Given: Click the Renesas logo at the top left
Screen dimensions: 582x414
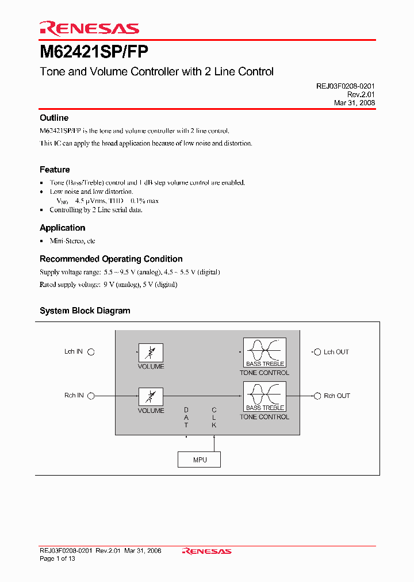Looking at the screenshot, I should point(89,28).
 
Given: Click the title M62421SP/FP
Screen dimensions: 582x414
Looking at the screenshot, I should point(94,52).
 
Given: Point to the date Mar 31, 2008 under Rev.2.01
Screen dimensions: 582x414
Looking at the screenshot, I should point(354,103).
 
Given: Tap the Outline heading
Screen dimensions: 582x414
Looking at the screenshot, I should point(54,118).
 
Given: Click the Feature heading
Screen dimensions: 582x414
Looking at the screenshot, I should point(55,170).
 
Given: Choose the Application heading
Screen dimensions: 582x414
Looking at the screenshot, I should point(62,228).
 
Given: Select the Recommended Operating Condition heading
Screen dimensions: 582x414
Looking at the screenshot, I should point(111,259).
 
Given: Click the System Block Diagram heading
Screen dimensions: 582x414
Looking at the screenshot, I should point(85,311).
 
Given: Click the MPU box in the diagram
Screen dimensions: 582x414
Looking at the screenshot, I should point(200,460).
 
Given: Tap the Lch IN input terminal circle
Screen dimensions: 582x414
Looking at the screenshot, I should point(91,352).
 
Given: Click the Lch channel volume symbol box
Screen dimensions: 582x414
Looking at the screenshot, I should point(151,353).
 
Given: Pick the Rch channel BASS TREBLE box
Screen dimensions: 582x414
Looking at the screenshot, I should point(264,396).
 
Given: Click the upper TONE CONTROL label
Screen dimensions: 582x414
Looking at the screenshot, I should point(264,373).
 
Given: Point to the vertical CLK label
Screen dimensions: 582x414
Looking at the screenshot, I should point(214,418).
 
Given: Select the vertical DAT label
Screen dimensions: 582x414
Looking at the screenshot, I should point(186,418).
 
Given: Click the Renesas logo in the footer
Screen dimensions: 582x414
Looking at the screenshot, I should point(206,551).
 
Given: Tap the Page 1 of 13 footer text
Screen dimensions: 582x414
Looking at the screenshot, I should point(57,558).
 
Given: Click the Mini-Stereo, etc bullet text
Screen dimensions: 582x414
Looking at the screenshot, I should point(72,241).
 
